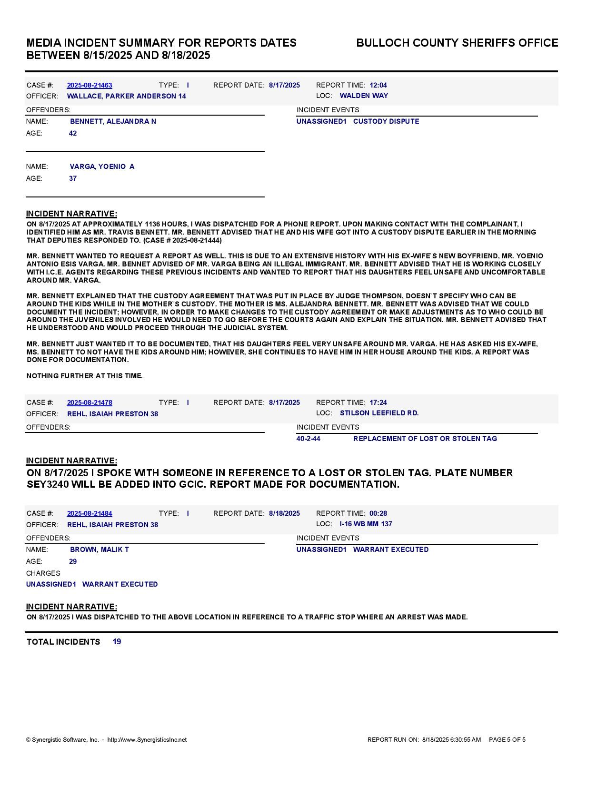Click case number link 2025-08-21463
tap(90, 85)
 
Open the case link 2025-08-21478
tap(90, 402)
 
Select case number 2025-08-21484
tap(90, 513)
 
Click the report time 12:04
tap(378, 85)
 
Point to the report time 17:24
tap(378, 402)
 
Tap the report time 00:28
tap(378, 513)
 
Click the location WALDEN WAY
tap(364, 96)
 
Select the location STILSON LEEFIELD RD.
tap(379, 413)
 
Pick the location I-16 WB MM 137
tap(366, 524)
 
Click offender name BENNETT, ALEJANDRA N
tap(113, 121)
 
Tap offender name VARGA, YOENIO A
tap(102, 167)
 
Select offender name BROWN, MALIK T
tap(99, 549)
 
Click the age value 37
tap(73, 178)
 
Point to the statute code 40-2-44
tap(308, 439)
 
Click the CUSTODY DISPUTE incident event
tap(386, 121)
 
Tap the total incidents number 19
tap(117, 642)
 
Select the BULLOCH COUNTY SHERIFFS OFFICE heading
tap(457, 43)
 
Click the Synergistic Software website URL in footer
tap(147, 740)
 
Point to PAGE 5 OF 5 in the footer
tap(507, 740)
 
